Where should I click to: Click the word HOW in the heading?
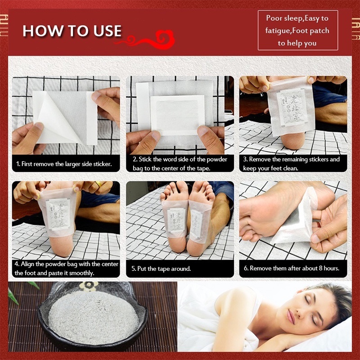point(38,31)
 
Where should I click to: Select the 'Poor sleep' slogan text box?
point(297,31)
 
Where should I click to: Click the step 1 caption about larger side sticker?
point(64,164)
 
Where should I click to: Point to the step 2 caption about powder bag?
point(180,164)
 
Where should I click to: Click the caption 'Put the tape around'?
point(161,269)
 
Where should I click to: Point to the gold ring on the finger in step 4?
point(98,184)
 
